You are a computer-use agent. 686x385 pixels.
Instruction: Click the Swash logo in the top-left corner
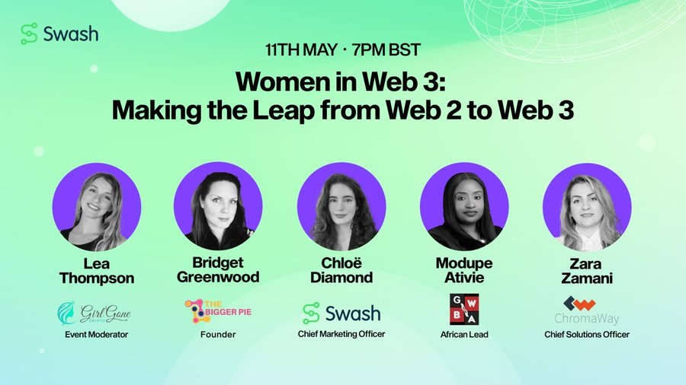click(x=59, y=33)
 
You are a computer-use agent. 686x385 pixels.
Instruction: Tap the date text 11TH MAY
click(x=301, y=49)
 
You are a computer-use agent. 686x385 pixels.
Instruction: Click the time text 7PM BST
click(x=386, y=49)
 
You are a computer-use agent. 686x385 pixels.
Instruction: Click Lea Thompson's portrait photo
click(x=97, y=207)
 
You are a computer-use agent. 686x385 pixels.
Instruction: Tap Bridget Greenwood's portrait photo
click(x=218, y=206)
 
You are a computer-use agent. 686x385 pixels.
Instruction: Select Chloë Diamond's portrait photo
click(x=341, y=206)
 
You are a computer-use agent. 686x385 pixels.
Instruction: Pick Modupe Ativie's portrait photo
click(x=464, y=206)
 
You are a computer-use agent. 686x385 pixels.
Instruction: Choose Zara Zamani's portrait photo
click(x=587, y=207)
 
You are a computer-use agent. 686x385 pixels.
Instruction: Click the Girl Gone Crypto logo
click(x=94, y=313)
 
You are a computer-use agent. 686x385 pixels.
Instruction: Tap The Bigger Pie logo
click(x=218, y=311)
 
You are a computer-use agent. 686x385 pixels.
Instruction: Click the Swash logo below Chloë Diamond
click(x=341, y=313)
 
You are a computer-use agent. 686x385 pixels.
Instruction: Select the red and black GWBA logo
click(x=464, y=309)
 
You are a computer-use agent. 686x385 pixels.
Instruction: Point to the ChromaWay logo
click(x=587, y=310)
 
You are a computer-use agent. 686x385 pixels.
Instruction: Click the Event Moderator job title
click(x=97, y=335)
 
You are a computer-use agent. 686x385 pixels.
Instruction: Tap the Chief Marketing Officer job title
click(x=341, y=334)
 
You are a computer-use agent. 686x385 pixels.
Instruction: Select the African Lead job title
click(x=464, y=335)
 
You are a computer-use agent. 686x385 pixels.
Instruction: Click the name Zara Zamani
click(x=587, y=271)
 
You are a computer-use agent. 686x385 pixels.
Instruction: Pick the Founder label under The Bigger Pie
click(x=218, y=335)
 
